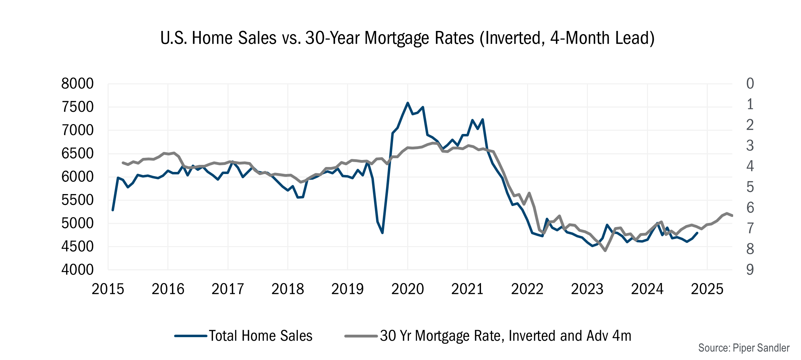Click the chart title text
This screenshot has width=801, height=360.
(x=407, y=38)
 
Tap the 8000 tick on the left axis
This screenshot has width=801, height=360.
(x=77, y=84)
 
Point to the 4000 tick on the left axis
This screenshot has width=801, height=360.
(x=77, y=270)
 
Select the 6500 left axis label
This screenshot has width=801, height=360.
(x=77, y=153)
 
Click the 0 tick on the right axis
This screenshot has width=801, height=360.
(x=750, y=84)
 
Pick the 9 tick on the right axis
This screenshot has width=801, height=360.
(x=750, y=270)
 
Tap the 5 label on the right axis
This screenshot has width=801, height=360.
(x=750, y=187)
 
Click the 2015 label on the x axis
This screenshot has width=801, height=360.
(x=108, y=289)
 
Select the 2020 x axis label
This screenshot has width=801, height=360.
(x=408, y=289)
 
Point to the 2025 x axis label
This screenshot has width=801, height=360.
(x=707, y=289)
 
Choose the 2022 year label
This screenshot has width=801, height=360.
(x=527, y=289)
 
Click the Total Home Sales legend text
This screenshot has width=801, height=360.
(x=261, y=336)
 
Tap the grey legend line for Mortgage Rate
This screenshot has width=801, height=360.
(x=361, y=336)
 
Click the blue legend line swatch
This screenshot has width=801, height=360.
(x=190, y=336)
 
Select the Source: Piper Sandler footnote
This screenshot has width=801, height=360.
(x=744, y=348)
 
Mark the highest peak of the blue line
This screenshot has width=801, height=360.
(x=408, y=103)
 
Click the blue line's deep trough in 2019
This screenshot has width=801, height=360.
(x=382, y=233)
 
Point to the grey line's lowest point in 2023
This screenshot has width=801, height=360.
(x=605, y=251)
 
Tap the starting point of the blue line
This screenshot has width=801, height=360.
(x=113, y=210)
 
